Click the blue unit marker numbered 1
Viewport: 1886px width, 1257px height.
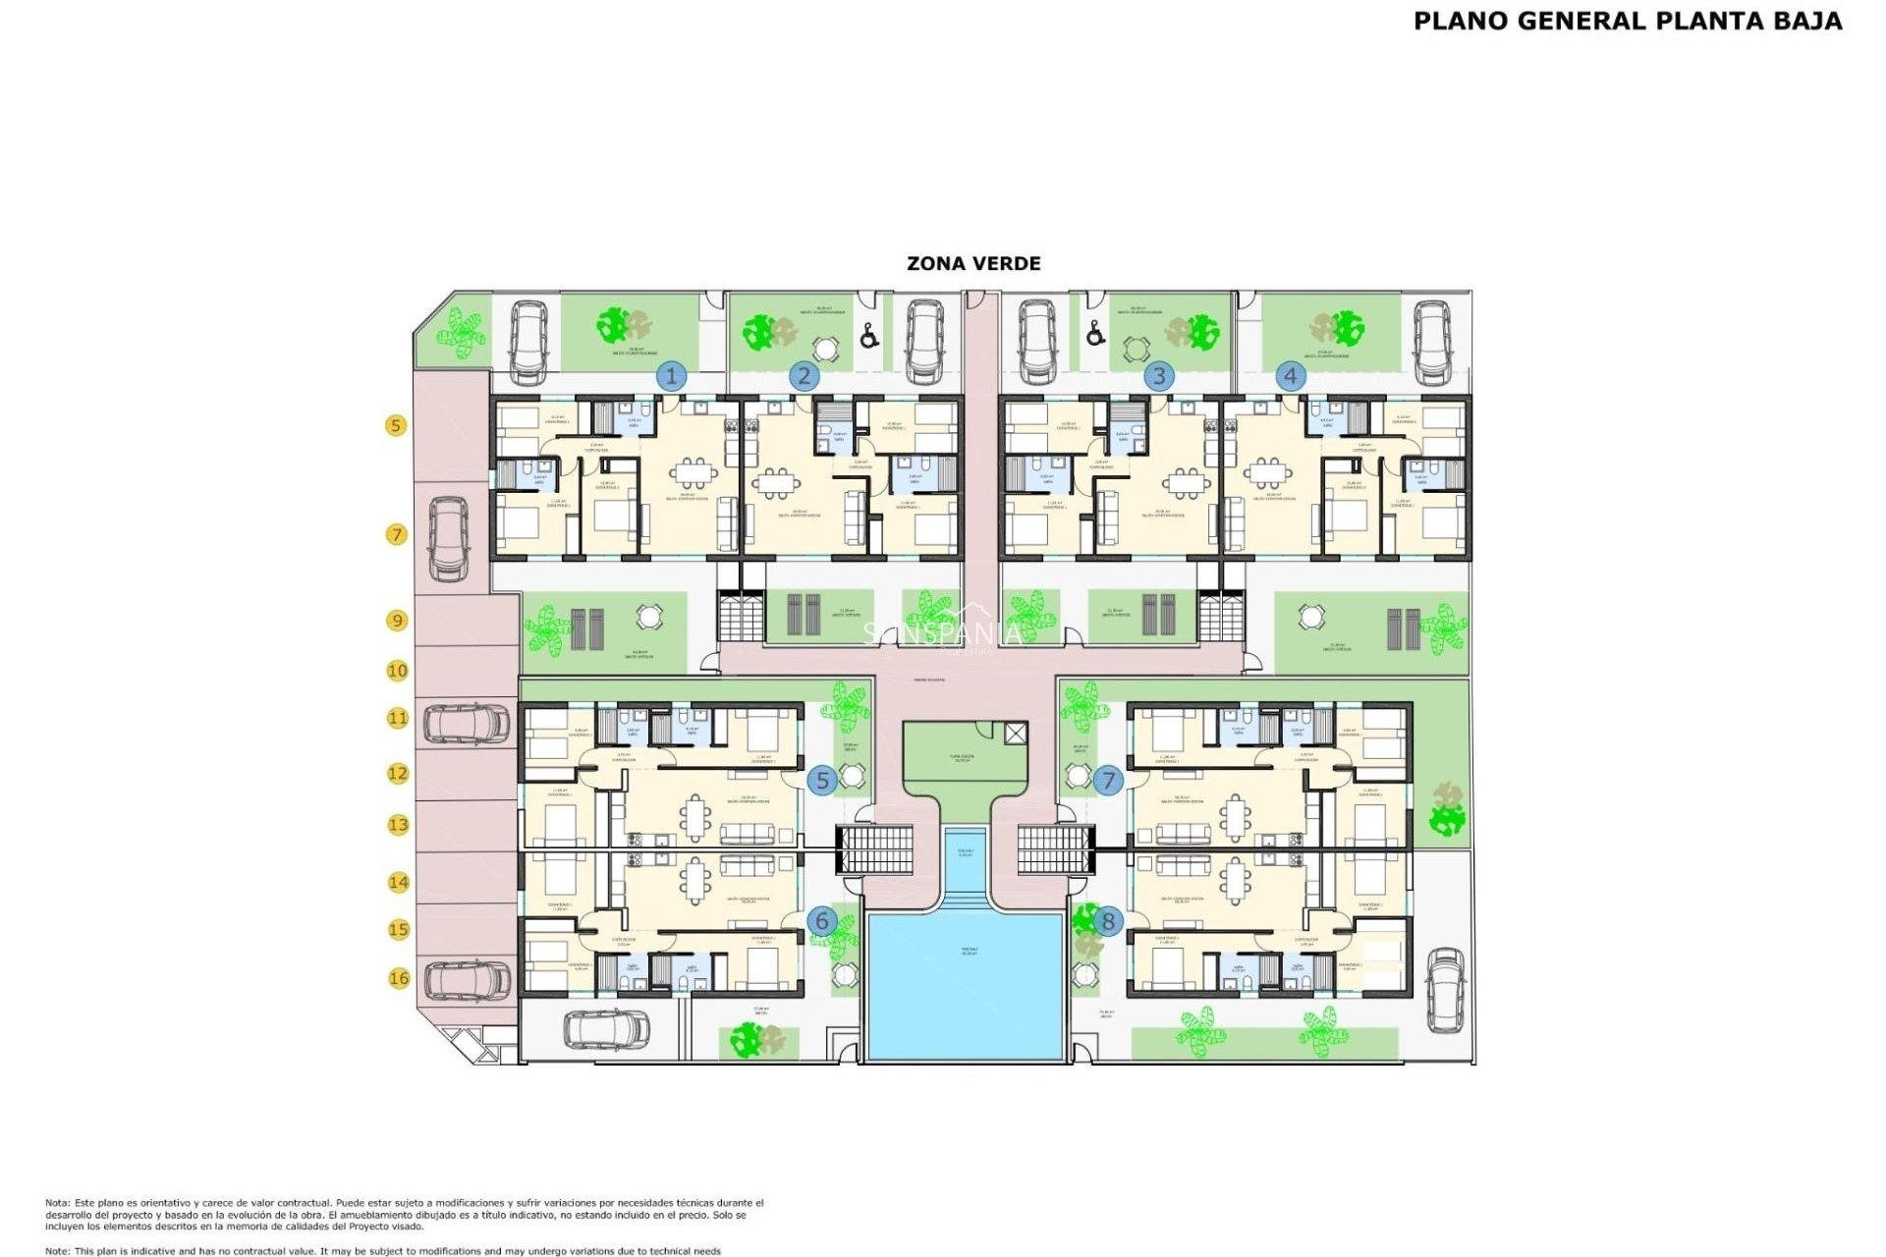(672, 376)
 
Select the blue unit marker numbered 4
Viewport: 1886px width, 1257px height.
(1291, 375)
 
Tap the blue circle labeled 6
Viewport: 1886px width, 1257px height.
(822, 921)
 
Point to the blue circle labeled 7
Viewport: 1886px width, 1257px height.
(1108, 781)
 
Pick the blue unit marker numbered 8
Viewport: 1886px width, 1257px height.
(1108, 921)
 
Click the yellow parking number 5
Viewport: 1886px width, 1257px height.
(396, 425)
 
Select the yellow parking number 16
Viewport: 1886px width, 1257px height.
(398, 978)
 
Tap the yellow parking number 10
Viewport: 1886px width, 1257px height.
(397, 671)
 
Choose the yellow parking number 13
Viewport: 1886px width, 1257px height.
(398, 825)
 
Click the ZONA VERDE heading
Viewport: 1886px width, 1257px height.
(973, 263)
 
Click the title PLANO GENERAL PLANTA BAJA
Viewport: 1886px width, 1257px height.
(1628, 21)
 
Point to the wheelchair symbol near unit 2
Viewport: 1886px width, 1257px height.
(869, 337)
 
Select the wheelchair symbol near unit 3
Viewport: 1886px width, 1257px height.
(1095, 334)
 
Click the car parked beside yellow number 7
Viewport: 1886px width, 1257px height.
(449, 539)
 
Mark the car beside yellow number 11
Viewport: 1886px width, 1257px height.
(467, 724)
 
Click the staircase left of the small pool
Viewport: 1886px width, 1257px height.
(874, 849)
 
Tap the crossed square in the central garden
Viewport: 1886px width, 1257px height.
(1016, 733)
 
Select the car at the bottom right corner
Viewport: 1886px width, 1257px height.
(1445, 989)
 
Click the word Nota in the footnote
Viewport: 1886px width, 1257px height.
(56, 1203)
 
